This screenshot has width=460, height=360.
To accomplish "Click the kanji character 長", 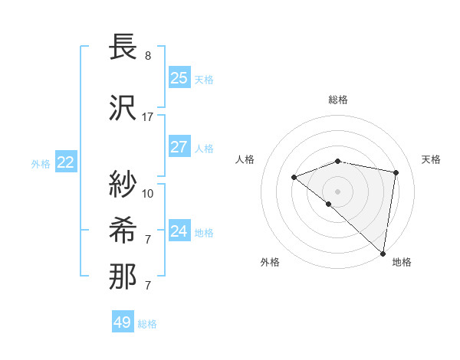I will click(123, 47).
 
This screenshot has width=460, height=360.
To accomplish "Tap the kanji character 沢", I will click(123, 107).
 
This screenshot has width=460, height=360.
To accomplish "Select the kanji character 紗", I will click(123, 185).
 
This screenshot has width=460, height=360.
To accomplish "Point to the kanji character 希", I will click(123, 231).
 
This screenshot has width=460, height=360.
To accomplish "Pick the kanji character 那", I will click(123, 277).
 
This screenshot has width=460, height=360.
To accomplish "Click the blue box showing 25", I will click(179, 78).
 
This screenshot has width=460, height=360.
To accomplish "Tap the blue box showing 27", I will click(179, 147).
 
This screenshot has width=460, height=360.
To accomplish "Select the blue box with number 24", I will click(179, 231).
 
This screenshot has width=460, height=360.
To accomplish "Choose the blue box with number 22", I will click(66, 162).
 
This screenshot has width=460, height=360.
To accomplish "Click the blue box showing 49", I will click(123, 322).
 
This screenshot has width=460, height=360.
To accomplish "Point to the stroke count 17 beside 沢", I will click(148, 117).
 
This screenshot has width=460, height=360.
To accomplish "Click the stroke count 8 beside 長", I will click(148, 56).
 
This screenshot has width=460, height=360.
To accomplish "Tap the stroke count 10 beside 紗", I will click(148, 194).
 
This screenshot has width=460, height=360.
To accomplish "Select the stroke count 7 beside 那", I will click(148, 286).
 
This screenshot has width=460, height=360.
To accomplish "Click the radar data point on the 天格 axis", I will click(396, 172).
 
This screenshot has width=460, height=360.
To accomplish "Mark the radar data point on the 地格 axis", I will click(383, 253).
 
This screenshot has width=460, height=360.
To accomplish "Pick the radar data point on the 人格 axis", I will click(294, 178).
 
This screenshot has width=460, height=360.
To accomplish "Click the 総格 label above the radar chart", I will click(338, 100).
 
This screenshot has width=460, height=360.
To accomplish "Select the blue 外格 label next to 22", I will click(40, 163).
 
